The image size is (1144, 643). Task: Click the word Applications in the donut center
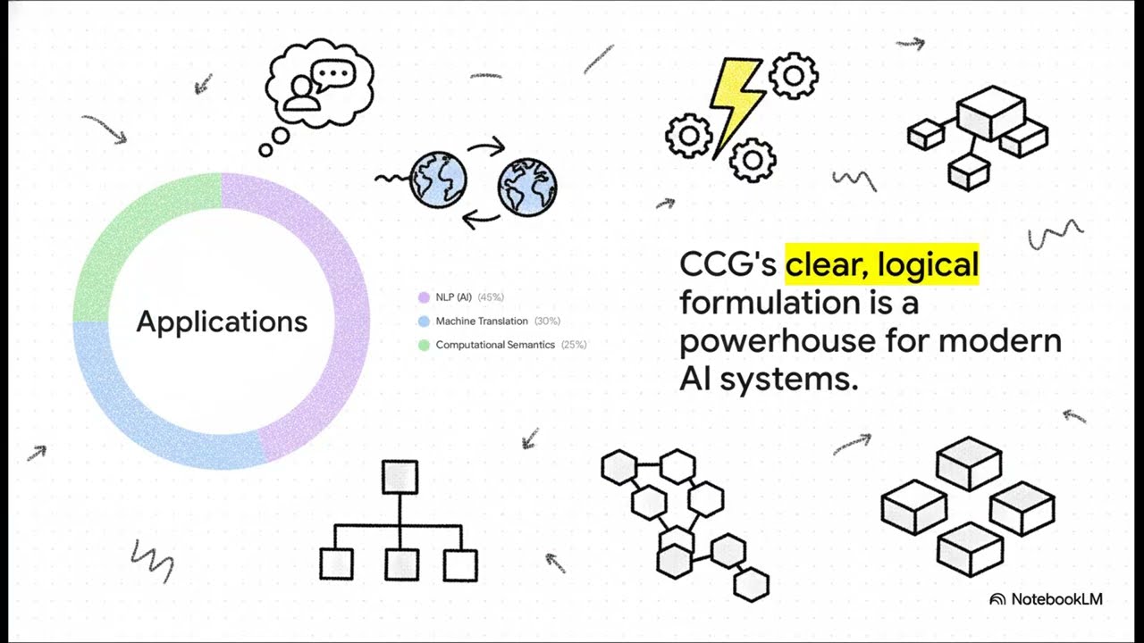coord(223,322)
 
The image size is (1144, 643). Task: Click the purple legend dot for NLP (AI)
coord(424,297)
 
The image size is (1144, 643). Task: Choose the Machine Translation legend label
coord(482,321)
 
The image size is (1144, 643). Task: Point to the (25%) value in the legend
coord(574,345)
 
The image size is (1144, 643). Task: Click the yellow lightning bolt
coord(736,106)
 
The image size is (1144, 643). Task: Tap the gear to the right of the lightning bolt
coord(793,76)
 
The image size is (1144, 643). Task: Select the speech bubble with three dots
coord(333,75)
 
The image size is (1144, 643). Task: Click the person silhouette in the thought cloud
coord(302,94)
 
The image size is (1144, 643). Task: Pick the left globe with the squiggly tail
coord(438,180)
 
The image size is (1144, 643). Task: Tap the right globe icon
coord(527,188)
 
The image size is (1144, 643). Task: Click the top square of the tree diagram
coord(400,477)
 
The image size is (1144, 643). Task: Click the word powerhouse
coord(778,342)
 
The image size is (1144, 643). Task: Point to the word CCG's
coord(728,264)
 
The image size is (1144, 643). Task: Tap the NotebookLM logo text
coord(1056,599)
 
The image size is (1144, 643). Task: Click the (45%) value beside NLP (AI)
coord(491,297)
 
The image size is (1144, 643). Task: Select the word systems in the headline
coord(789,380)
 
